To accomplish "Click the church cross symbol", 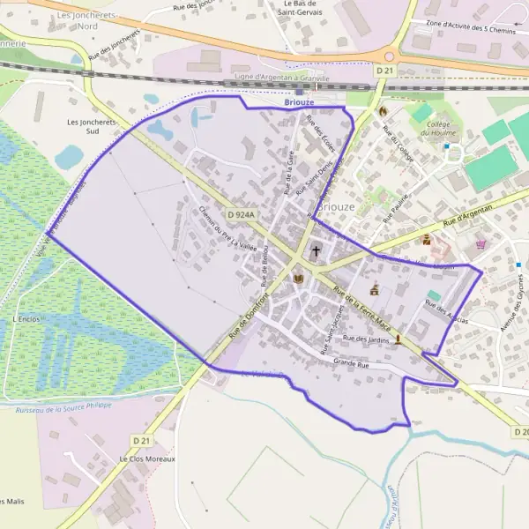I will point(316,251).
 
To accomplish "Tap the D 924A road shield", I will point(240,214).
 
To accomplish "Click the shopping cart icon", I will point(481,244).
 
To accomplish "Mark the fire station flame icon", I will point(383,112).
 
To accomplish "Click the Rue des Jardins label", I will point(365,339).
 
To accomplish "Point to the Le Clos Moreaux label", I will point(147,459).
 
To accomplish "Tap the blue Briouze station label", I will point(299,103).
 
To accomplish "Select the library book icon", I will point(298,279).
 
